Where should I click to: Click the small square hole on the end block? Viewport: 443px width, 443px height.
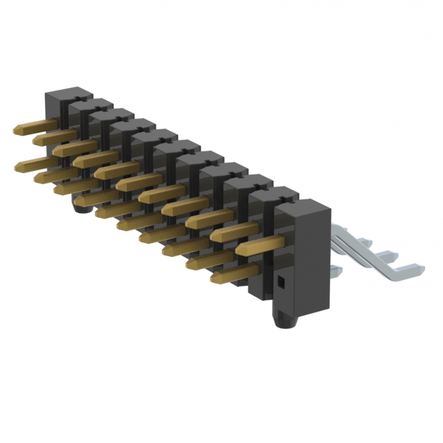coord(281,282)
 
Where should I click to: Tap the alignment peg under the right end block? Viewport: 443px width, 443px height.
coord(284,320)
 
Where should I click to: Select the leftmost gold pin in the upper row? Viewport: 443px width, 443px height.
coord(35,127)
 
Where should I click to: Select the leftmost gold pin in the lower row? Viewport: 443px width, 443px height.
coord(35,163)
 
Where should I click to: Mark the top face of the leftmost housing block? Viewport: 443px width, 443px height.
coord(69,94)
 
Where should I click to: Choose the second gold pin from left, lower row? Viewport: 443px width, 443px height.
coord(55,175)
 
